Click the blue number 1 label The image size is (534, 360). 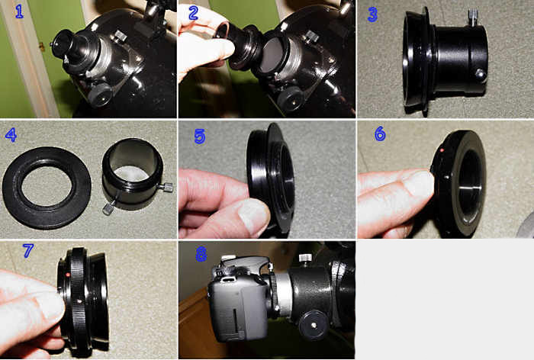click(x=19, y=11)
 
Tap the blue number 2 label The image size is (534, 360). click(x=193, y=13)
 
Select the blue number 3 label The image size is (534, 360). click(x=372, y=14)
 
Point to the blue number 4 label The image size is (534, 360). click(x=11, y=134)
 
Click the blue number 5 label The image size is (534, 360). click(x=200, y=137)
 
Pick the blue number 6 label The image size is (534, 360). click(x=380, y=133)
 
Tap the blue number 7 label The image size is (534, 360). click(x=28, y=250)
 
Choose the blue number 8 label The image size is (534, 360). click(x=201, y=254)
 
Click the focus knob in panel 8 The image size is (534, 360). click(x=314, y=325)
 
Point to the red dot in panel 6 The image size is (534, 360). click(x=442, y=150)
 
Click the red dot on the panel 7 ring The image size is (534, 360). click(x=68, y=274)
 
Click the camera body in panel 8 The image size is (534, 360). click(x=238, y=300)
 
